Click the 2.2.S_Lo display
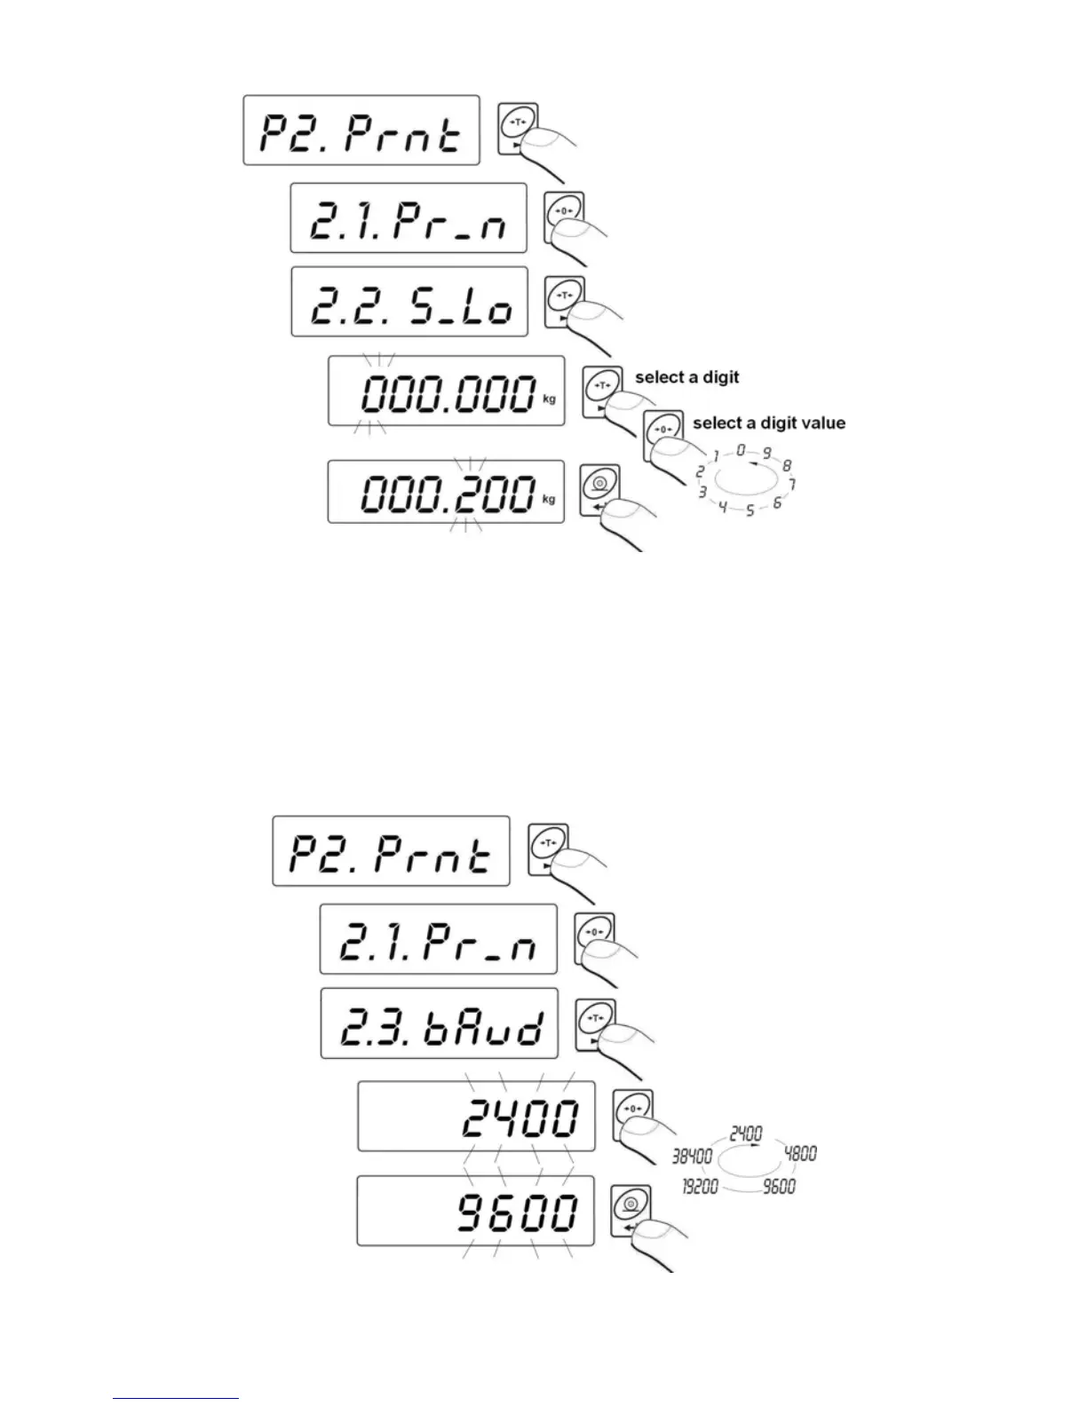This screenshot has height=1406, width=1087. click(409, 302)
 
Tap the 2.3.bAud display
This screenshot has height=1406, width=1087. click(439, 1023)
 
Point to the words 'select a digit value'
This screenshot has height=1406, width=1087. click(768, 423)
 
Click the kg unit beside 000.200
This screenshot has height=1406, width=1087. click(549, 499)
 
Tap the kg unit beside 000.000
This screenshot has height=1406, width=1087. click(549, 399)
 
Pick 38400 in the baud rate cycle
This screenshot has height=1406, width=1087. click(693, 1156)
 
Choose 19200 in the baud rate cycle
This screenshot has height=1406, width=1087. click(700, 1186)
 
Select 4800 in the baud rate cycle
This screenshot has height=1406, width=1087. click(799, 1154)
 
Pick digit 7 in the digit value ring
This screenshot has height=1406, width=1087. click(791, 485)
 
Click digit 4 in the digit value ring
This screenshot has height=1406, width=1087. click(723, 507)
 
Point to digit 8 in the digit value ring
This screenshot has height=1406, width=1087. click(787, 465)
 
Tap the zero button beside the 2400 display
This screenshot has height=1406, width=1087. click(633, 1111)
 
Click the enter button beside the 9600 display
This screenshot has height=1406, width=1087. click(631, 1208)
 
